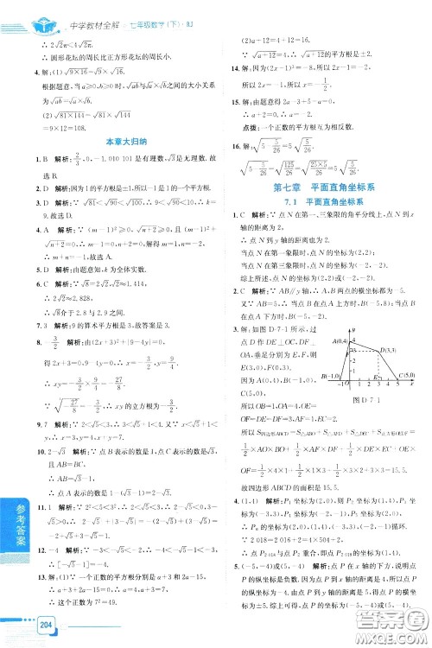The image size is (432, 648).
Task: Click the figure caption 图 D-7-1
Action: (x=367, y=400)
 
